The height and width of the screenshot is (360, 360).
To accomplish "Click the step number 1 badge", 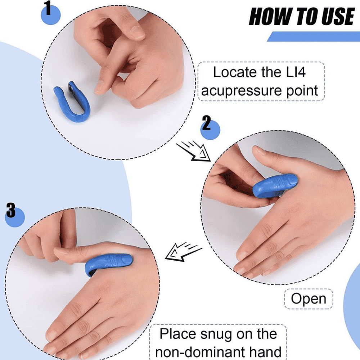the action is point(50,13).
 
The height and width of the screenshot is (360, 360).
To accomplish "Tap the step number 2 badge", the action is point(210,128).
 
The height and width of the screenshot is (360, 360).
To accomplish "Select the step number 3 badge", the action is point(14,215).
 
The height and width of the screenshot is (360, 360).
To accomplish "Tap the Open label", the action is point(309,299).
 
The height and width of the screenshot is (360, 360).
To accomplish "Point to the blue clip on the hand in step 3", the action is point(108,264).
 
